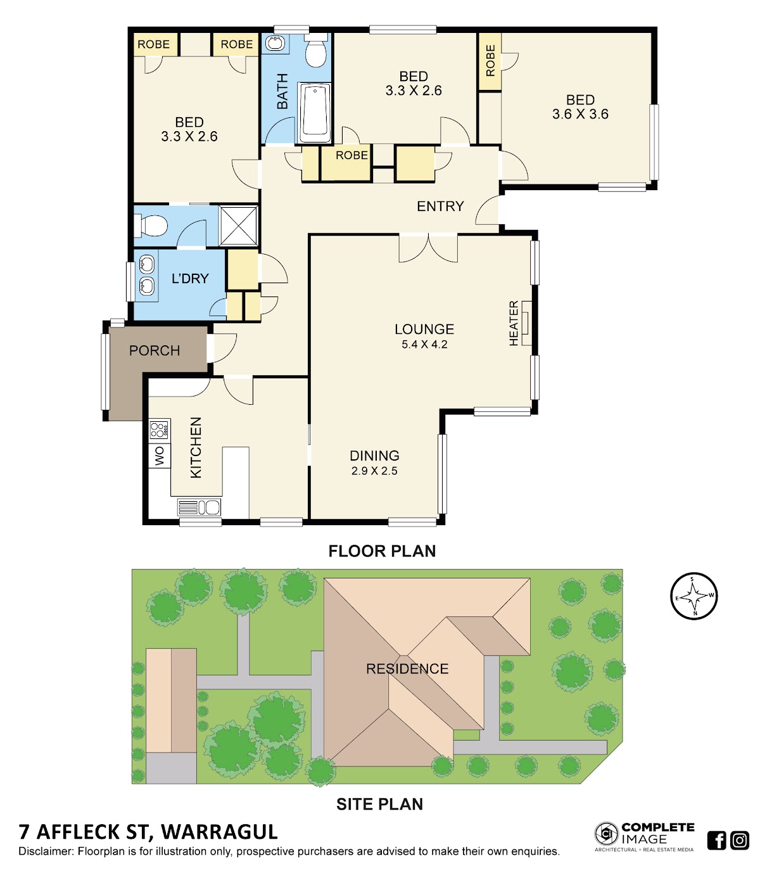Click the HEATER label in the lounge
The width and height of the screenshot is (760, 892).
(513, 323)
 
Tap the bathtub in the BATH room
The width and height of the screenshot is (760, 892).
(315, 111)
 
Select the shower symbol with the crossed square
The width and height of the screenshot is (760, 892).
(239, 226)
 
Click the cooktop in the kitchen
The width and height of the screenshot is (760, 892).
(159, 430)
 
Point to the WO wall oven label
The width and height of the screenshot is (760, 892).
(160, 456)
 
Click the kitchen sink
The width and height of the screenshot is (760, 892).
(199, 507)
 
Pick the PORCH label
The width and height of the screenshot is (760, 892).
(155, 350)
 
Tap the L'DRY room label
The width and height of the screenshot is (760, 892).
(190, 278)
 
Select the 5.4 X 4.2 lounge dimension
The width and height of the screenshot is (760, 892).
(424, 345)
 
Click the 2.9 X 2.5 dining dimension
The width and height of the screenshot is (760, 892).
(374, 471)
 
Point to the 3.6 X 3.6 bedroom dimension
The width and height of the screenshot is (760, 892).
(580, 114)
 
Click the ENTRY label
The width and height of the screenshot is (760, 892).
(440, 207)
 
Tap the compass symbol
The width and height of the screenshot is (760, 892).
(693, 596)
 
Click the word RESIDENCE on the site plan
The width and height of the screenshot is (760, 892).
(407, 669)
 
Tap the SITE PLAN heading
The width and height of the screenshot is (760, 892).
(379, 805)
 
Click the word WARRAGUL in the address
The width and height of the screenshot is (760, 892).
(220, 832)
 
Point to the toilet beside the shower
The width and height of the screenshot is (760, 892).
(150, 226)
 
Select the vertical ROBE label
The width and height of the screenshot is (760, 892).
(490, 61)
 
